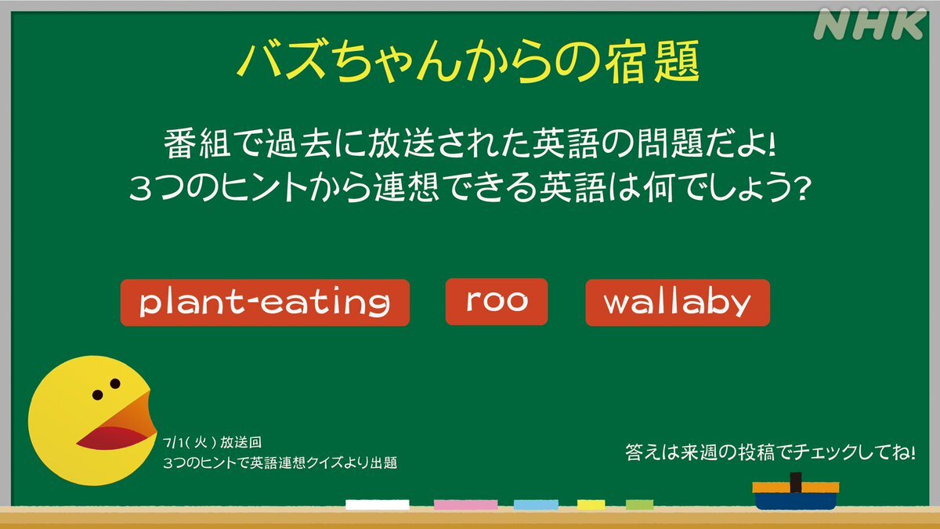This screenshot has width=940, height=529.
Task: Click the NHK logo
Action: [x=869, y=24]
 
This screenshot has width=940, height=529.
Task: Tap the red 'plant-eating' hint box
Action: [x=265, y=303]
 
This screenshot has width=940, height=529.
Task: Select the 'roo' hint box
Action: [x=497, y=302]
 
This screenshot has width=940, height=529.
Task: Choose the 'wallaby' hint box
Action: [x=678, y=303]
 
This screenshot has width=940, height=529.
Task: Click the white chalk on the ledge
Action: [x=378, y=505]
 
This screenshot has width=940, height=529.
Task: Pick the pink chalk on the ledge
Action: [x=465, y=505]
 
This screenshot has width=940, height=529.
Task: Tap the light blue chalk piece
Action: [x=536, y=505]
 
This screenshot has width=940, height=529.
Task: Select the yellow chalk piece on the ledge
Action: [x=591, y=505]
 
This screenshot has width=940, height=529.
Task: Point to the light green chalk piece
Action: [x=639, y=505]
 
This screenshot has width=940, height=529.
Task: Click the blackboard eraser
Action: [x=796, y=492]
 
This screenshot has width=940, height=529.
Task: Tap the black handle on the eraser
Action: [x=796, y=482]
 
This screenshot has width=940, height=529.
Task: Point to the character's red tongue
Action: [x=111, y=438]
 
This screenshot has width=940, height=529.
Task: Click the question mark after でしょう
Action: [x=801, y=190]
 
